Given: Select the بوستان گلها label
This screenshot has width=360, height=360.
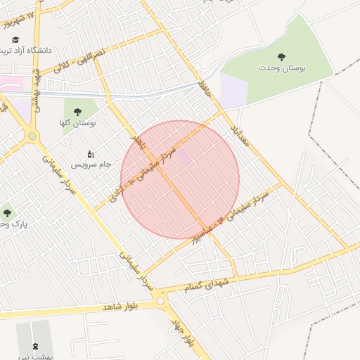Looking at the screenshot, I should (x=77, y=123).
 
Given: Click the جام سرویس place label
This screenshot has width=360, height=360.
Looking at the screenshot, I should (x=91, y=165).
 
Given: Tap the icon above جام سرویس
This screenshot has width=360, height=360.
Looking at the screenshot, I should (x=90, y=153).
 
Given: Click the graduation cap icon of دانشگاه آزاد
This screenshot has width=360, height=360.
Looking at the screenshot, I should (x=15, y=40).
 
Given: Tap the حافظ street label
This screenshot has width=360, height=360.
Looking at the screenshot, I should (x=205, y=89).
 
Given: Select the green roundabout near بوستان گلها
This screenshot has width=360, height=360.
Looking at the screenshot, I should (x=32, y=136).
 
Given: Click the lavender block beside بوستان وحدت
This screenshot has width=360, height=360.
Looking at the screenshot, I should (x=233, y=91).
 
